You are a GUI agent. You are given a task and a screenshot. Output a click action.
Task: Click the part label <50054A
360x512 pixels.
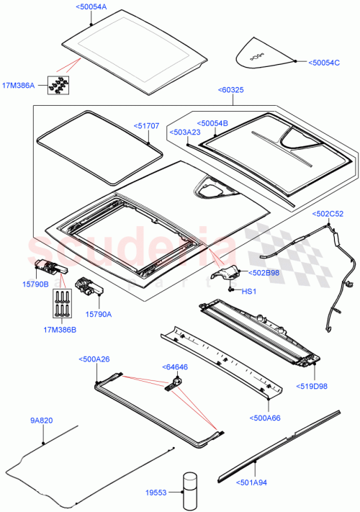coord(90,6)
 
